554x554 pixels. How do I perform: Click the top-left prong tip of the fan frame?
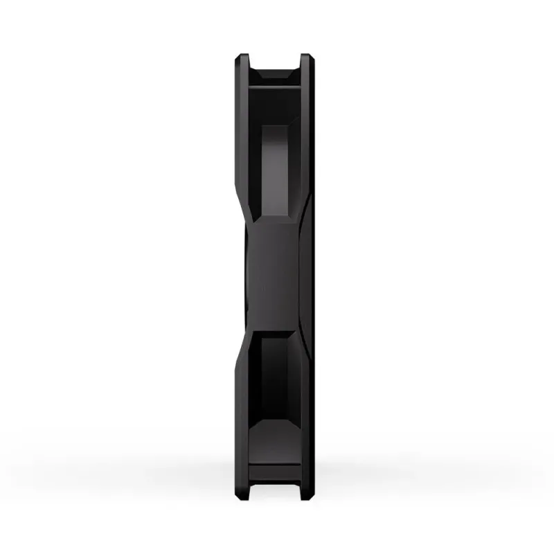(242, 57)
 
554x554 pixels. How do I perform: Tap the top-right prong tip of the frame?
(305, 57)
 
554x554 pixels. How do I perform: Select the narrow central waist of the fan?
(274, 277)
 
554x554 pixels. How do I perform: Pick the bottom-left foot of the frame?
(242, 493)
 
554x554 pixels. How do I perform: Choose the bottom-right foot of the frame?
(305, 493)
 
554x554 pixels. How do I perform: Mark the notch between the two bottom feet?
(274, 489)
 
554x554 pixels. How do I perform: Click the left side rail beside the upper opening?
(241, 138)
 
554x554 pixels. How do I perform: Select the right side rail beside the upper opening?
(306, 138)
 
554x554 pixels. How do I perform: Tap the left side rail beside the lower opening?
(241, 415)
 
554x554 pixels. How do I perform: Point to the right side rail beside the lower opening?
(306, 415)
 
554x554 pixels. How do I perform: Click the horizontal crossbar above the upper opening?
(274, 78)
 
